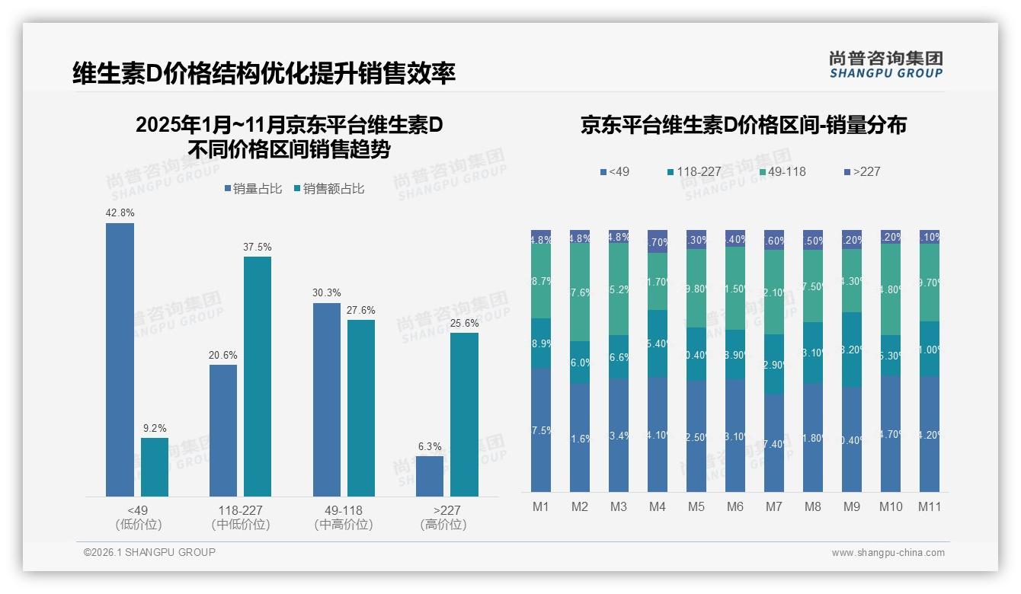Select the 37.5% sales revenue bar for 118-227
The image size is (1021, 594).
coord(258,376)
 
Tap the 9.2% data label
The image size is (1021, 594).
coord(155,428)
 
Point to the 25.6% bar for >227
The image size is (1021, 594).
coord(464,414)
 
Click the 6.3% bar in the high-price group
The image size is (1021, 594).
coord(430,476)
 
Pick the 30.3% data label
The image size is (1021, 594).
coord(327,293)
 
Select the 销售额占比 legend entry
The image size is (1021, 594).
coord(328,189)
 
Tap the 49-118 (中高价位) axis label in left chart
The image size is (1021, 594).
coord(343,517)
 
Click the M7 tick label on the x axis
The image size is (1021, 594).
coord(774,507)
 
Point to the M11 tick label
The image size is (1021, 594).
coord(930,507)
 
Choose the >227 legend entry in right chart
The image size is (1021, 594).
coord(862,171)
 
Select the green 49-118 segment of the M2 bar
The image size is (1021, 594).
coord(580,292)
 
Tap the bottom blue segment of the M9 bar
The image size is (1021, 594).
coord(852,439)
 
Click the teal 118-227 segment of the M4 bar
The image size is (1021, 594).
coord(658,343)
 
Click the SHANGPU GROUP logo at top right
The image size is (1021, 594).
coord(885,64)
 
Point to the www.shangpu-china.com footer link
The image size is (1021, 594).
coord(888,553)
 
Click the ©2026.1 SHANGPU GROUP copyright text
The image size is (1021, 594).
coord(149,552)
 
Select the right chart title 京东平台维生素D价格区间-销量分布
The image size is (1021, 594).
coord(743,125)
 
